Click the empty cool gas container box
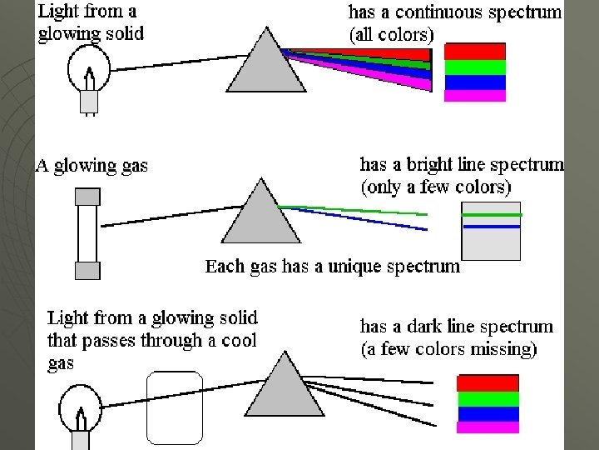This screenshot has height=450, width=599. coord(174,407)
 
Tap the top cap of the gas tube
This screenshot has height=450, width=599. coord(87,197)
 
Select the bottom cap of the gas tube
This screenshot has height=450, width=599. coord(87,270)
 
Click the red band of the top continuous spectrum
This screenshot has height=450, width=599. coord(475,51)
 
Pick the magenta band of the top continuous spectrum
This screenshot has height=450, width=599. coord(475,96)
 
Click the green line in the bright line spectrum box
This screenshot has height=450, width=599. coord(492,215)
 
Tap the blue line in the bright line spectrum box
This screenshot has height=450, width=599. coord(492,226)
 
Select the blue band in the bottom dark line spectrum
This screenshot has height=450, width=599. coord(488,414)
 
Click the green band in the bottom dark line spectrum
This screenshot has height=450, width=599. coord(488,398)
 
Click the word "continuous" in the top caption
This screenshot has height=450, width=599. coord(438,13)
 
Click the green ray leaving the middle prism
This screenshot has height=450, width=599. coord(349,209)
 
